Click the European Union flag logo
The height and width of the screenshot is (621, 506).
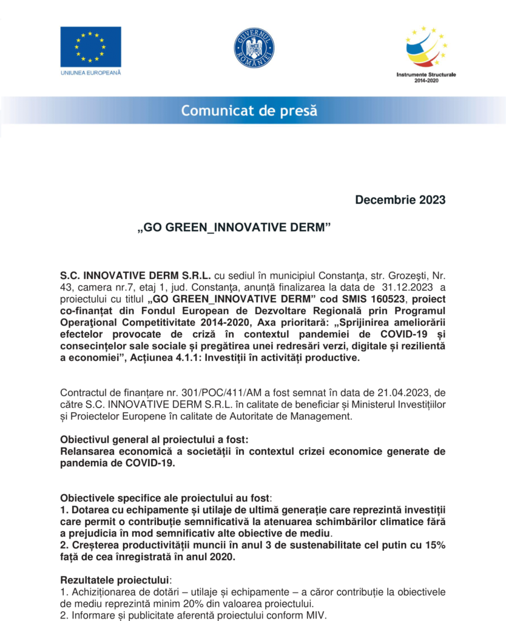click(x=90, y=47)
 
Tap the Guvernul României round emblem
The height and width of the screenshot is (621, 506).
click(x=254, y=48)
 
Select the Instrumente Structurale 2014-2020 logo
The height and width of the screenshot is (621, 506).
click(x=426, y=48)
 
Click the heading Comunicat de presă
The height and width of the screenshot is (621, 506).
click(x=249, y=111)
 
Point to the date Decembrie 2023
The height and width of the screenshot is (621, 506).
click(x=400, y=200)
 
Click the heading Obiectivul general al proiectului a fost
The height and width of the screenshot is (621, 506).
click(x=154, y=439)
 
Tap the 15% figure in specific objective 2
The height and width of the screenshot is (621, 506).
click(x=434, y=545)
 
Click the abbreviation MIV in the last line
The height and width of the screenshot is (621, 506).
click(x=314, y=614)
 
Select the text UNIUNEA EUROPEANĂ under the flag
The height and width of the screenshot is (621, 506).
click(x=90, y=73)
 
